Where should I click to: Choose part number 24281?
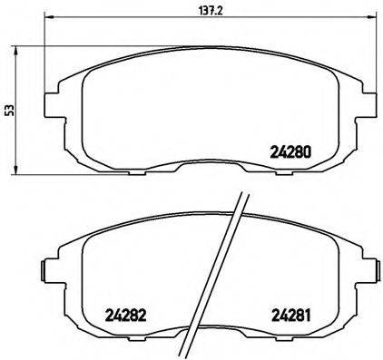291,316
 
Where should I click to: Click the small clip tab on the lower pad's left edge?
43,270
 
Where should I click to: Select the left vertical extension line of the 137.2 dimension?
45,54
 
